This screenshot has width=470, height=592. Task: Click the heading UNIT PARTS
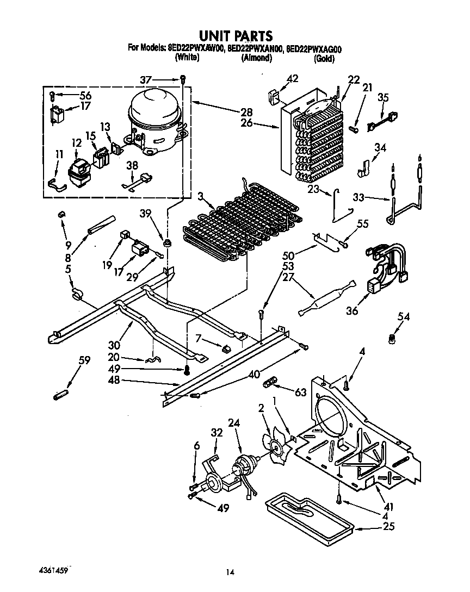click(235, 36)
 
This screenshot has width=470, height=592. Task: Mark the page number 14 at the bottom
click(231, 572)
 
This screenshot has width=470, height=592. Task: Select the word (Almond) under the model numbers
click(256, 58)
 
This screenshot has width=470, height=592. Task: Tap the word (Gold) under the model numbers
click(324, 58)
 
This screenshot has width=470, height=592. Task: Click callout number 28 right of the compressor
click(247, 113)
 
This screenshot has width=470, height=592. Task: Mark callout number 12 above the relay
click(76, 144)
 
